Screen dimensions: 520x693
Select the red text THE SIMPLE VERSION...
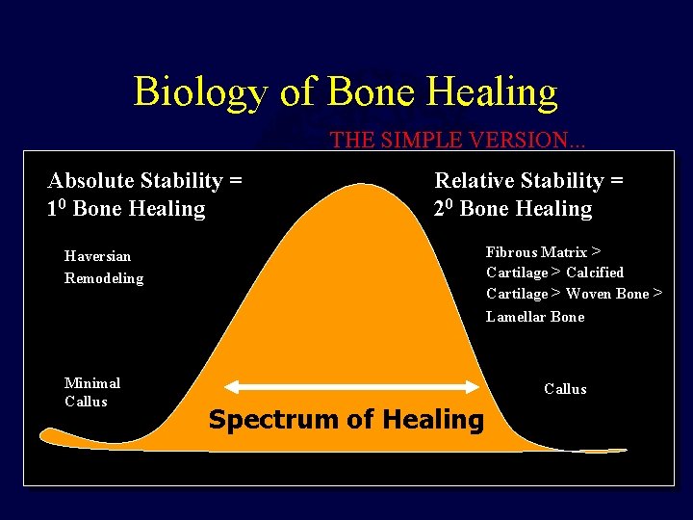click(x=457, y=140)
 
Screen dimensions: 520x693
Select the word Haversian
click(x=97, y=256)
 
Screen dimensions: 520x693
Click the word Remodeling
click(x=103, y=278)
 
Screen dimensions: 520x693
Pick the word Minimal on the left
click(x=91, y=383)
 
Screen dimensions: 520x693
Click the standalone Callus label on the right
click(x=565, y=389)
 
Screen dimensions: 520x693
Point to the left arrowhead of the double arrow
click(x=229, y=386)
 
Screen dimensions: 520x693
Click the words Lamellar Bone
click(x=535, y=317)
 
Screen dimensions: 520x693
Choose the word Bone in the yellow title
click(x=370, y=92)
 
